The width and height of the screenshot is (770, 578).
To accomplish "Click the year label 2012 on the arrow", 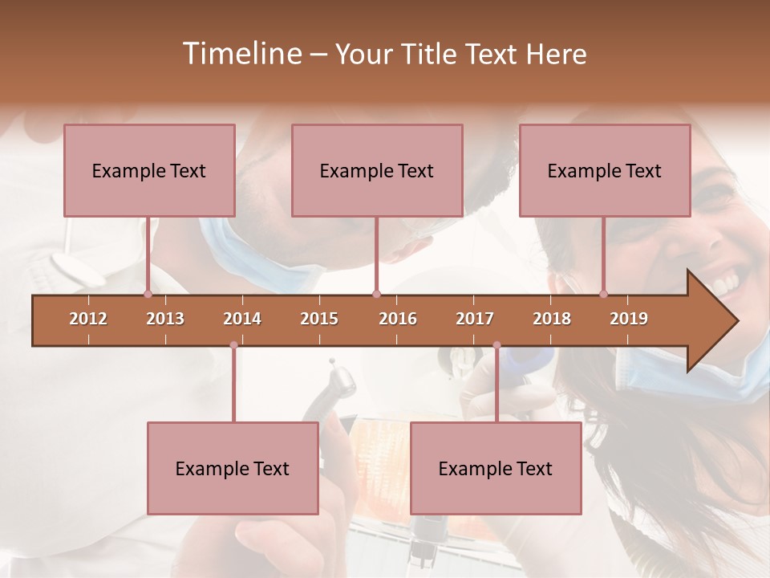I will tap(88, 319).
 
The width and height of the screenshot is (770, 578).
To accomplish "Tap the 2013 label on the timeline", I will tap(165, 319).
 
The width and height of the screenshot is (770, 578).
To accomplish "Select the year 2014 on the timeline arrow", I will tap(242, 319).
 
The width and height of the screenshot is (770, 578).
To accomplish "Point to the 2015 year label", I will tap(319, 319).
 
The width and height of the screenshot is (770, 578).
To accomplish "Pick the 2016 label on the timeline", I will tap(398, 319).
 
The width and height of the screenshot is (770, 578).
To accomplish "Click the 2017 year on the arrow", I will tap(475, 319).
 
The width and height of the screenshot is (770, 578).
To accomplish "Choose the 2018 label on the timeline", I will tap(552, 319).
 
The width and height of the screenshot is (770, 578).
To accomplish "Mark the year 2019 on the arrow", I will tap(629, 319).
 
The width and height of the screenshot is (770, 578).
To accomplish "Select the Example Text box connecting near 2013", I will tap(149, 170).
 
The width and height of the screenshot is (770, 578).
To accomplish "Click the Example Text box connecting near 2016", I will tap(377, 170).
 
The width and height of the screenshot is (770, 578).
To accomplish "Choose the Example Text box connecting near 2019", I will tap(605, 170).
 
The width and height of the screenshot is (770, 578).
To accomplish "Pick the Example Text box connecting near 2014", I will tap(233, 468).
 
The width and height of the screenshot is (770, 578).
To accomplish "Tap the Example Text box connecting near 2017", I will tap(496, 468).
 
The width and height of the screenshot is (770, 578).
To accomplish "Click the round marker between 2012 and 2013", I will tap(148, 294).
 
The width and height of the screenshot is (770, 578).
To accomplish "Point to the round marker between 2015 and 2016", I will tap(376, 294).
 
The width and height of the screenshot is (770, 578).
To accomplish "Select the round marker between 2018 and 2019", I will tap(604, 294).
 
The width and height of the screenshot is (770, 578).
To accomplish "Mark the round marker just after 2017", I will tap(496, 345).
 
